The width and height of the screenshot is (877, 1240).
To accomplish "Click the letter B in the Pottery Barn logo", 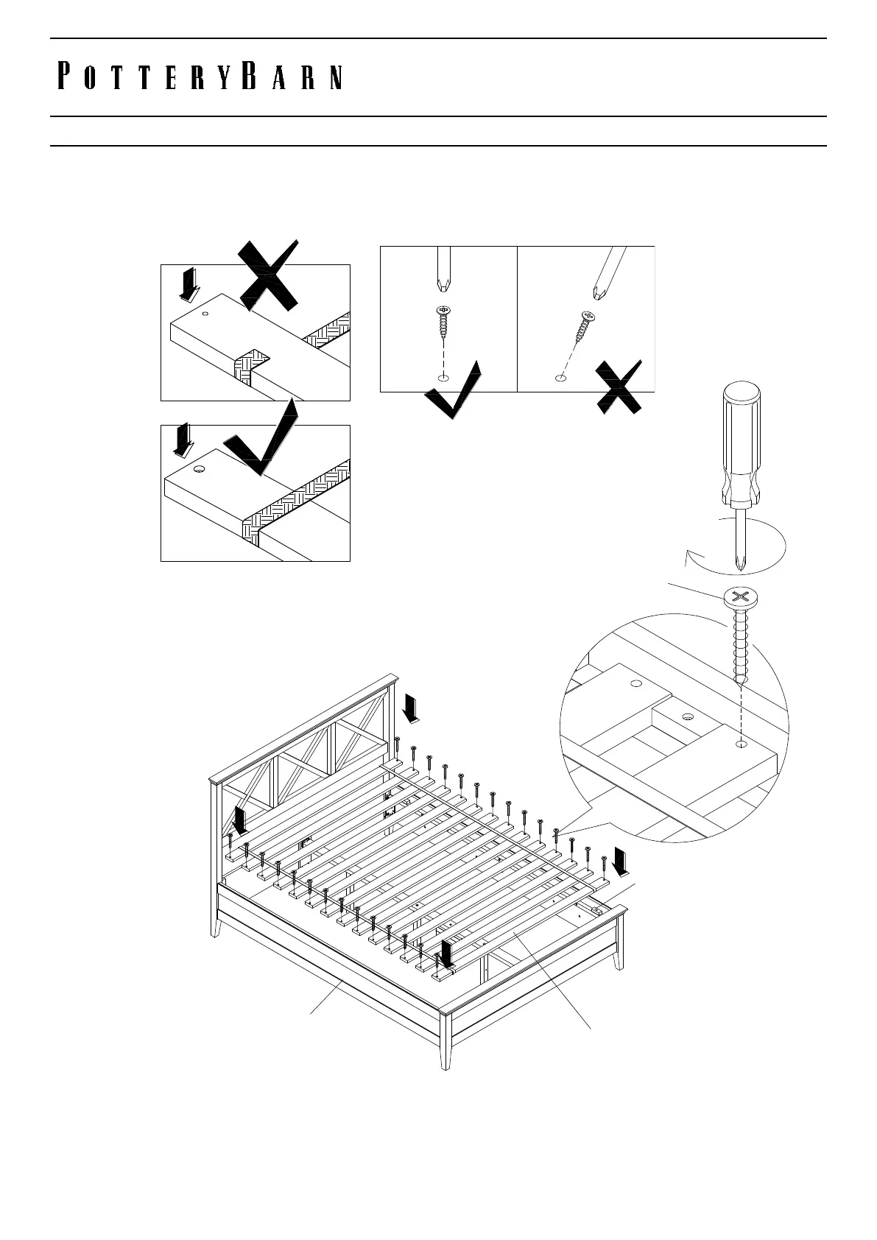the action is click(x=250, y=77).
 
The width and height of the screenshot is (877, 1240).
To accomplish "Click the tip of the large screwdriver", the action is click(x=739, y=568).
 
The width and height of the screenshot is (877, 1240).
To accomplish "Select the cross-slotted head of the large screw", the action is click(x=740, y=597).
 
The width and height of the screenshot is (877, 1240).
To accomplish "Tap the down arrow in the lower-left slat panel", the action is click(x=182, y=440).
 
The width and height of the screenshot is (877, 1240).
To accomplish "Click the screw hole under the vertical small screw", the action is click(x=442, y=378).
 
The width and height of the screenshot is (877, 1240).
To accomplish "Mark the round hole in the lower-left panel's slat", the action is click(x=199, y=469).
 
